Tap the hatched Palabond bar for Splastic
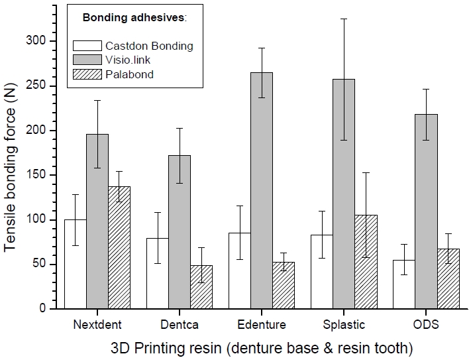tap(366, 262)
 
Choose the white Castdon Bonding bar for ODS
tap(404, 284)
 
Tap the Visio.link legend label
tap(127, 60)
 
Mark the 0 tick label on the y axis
tap(42, 309)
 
